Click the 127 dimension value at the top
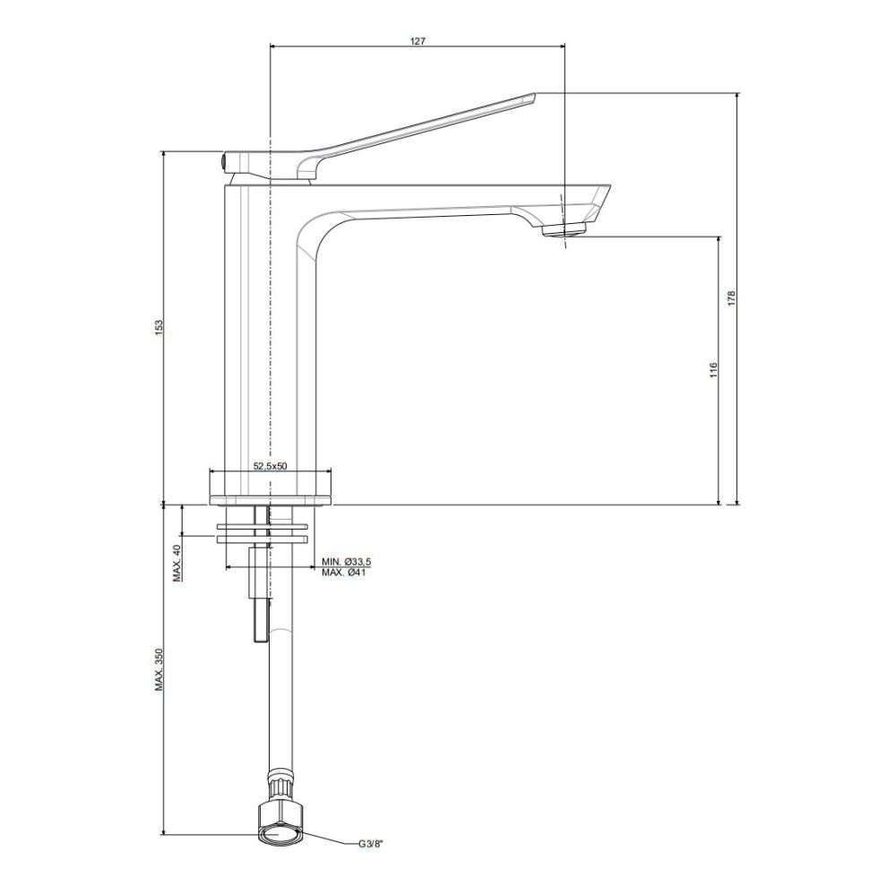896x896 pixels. [x=418, y=41]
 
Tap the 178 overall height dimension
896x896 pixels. [x=731, y=299]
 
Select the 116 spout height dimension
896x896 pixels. [x=712, y=370]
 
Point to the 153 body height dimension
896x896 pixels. [x=159, y=327]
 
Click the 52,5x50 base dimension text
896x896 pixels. [x=270, y=466]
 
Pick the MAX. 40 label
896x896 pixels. [x=177, y=564]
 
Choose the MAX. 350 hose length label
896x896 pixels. [x=159, y=669]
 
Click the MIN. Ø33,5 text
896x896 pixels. [x=346, y=563]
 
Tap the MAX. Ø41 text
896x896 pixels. [x=343, y=573]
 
